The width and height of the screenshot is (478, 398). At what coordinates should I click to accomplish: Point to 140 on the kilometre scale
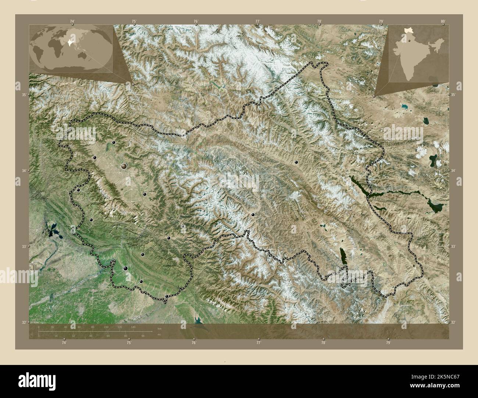click(x=133, y=327)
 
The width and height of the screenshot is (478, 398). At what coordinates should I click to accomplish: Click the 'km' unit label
click(x=159, y=329)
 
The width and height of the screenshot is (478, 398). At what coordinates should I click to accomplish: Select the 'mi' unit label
click(x=158, y=335)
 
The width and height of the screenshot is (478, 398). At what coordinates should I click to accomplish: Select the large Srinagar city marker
click(x=124, y=166)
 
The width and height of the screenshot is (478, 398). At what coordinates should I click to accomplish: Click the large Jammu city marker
click(x=126, y=269)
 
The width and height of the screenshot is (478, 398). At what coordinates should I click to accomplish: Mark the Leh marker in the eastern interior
click(x=296, y=162)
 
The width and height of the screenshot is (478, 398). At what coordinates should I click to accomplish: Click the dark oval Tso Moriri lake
click(x=343, y=253)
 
